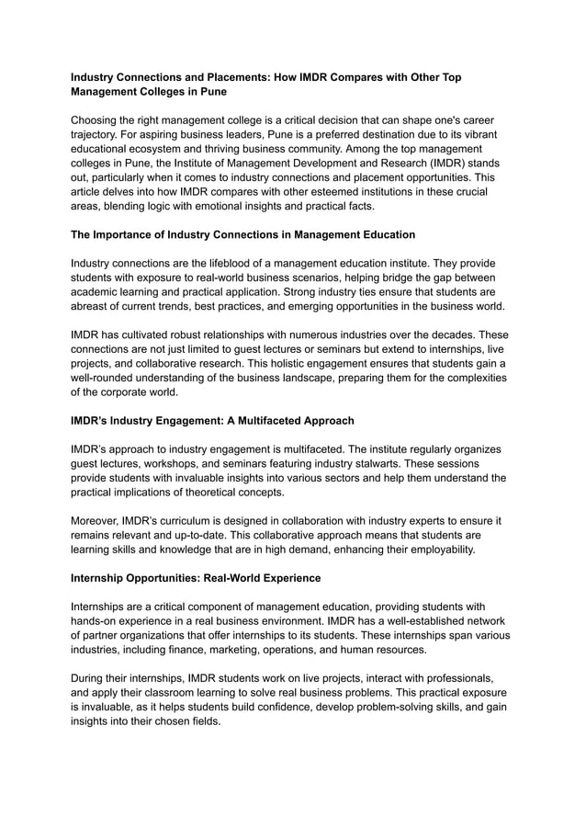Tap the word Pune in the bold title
(209, 92)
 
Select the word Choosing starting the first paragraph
(100, 120)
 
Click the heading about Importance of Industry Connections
(243, 235)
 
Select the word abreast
(94, 307)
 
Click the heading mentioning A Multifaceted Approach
(212, 421)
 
